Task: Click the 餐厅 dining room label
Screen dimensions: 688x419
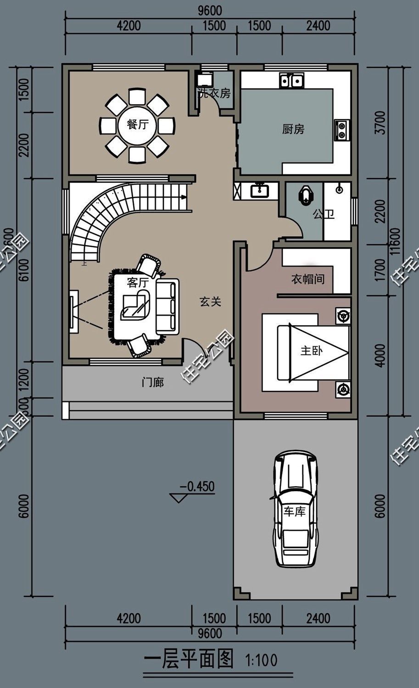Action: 138,125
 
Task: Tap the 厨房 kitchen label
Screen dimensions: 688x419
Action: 293,129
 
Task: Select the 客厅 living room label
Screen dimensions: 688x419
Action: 137,283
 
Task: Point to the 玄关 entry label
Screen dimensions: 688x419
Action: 211,301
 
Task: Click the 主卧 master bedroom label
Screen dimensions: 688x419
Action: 312,351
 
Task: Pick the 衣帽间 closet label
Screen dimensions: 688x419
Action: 308,279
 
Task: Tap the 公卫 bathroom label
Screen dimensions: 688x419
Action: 324,214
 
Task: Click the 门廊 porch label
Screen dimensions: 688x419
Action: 153,382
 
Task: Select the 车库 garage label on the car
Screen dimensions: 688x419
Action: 294,511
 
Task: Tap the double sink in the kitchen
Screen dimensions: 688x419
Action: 291,81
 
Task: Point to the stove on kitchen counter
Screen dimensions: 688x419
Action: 342,129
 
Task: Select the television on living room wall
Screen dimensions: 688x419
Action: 72,311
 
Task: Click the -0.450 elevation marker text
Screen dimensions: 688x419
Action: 197,486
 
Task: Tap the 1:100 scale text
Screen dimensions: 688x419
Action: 262,661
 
